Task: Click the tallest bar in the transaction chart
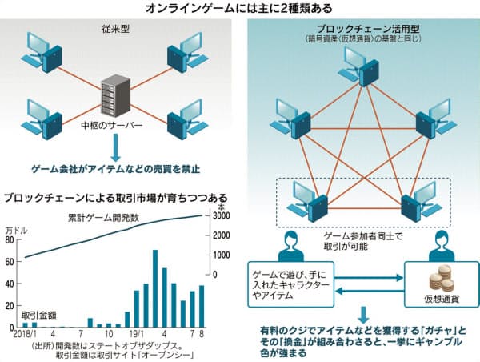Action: tap(155, 288)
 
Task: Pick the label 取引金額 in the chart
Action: tap(39, 311)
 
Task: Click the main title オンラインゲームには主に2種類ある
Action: tap(240, 8)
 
